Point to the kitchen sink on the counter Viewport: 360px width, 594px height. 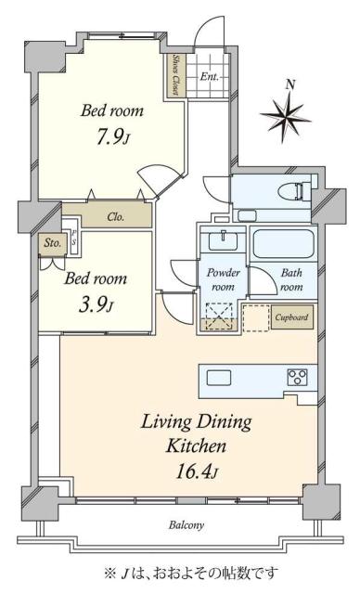(x=219, y=377)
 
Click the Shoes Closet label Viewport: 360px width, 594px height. (x=176, y=75)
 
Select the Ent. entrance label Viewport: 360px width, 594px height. (x=210, y=76)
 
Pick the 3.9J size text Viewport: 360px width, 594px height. (x=95, y=305)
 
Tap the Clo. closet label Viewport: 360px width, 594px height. (x=116, y=217)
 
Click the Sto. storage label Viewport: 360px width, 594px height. (x=52, y=243)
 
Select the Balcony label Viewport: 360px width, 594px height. (x=186, y=525)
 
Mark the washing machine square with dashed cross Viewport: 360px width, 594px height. (x=219, y=316)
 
